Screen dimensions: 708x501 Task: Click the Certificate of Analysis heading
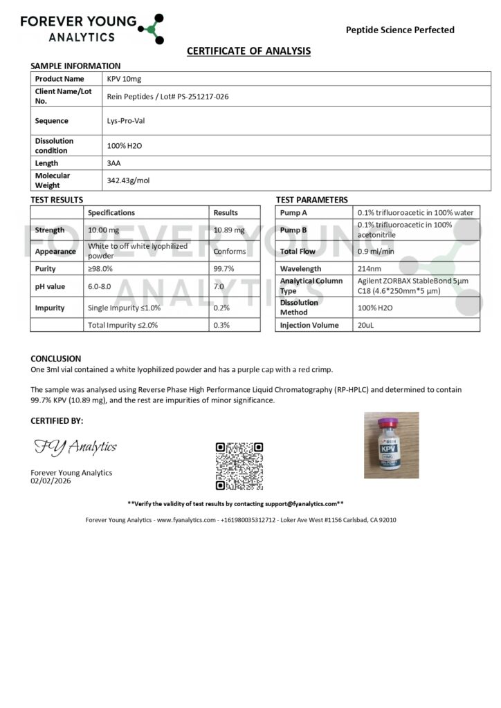coord(249,51)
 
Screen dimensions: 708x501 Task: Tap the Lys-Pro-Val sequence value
coord(126,121)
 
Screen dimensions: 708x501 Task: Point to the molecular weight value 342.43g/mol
coord(129,180)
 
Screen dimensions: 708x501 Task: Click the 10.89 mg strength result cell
coord(229,230)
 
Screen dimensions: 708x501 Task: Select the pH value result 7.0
coord(219,286)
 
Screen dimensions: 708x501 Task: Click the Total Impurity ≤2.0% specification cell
coord(123,325)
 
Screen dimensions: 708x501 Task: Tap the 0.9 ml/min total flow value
coord(375,252)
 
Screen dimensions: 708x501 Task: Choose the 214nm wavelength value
coord(370,268)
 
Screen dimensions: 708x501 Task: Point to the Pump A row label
coord(294,212)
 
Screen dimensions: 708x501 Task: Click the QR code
coord(239,466)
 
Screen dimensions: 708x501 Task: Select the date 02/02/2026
coord(51,481)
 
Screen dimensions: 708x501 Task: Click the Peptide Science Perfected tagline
coord(400,30)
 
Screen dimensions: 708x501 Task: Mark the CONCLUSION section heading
coord(56,359)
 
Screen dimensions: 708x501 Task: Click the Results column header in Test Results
coord(226,212)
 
